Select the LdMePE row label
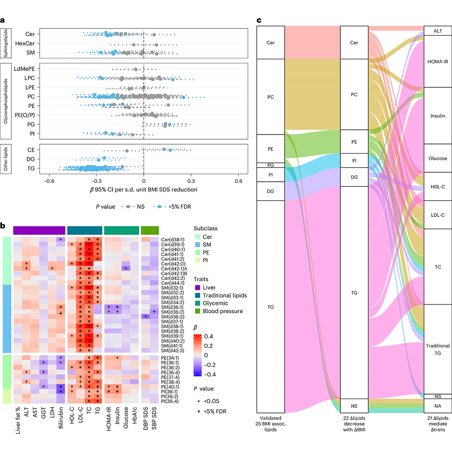(23, 69)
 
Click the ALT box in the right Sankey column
(438, 31)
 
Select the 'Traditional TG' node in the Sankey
(438, 349)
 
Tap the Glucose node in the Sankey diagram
(438, 158)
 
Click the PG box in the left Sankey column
(270, 165)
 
